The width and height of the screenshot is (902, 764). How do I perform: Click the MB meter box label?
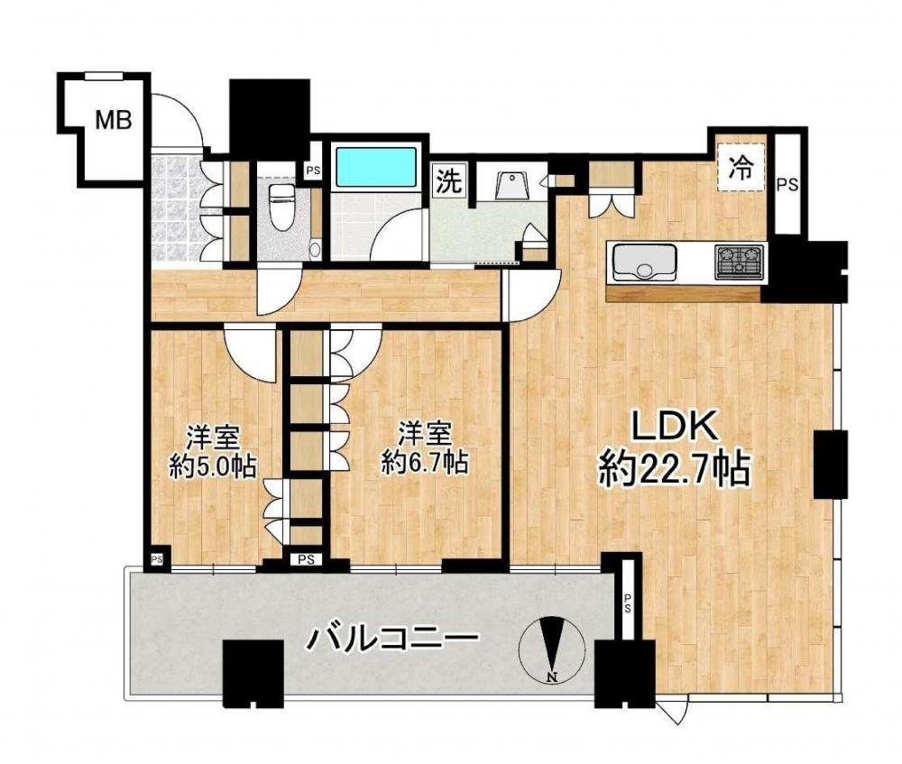pos(114,120)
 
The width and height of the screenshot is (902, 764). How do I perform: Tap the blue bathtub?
pos(376,167)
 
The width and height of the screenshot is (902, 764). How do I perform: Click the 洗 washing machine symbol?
pos(448,182)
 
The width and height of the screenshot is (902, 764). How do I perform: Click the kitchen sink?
pos(644,262)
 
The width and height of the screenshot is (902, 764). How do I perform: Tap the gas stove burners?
pos(740,262)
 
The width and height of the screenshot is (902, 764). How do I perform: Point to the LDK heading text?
pos(674,428)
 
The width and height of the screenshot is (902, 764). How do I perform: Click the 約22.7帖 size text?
pos(674,469)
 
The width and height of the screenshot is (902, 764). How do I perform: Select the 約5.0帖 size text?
pos(212,466)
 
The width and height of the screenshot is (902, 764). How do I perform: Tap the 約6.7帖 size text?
pos(425,462)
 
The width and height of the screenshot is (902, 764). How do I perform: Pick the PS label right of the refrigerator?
pos(787,185)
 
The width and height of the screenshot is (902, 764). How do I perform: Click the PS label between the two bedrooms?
pos(306,559)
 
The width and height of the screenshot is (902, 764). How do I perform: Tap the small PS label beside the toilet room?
pos(313,170)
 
